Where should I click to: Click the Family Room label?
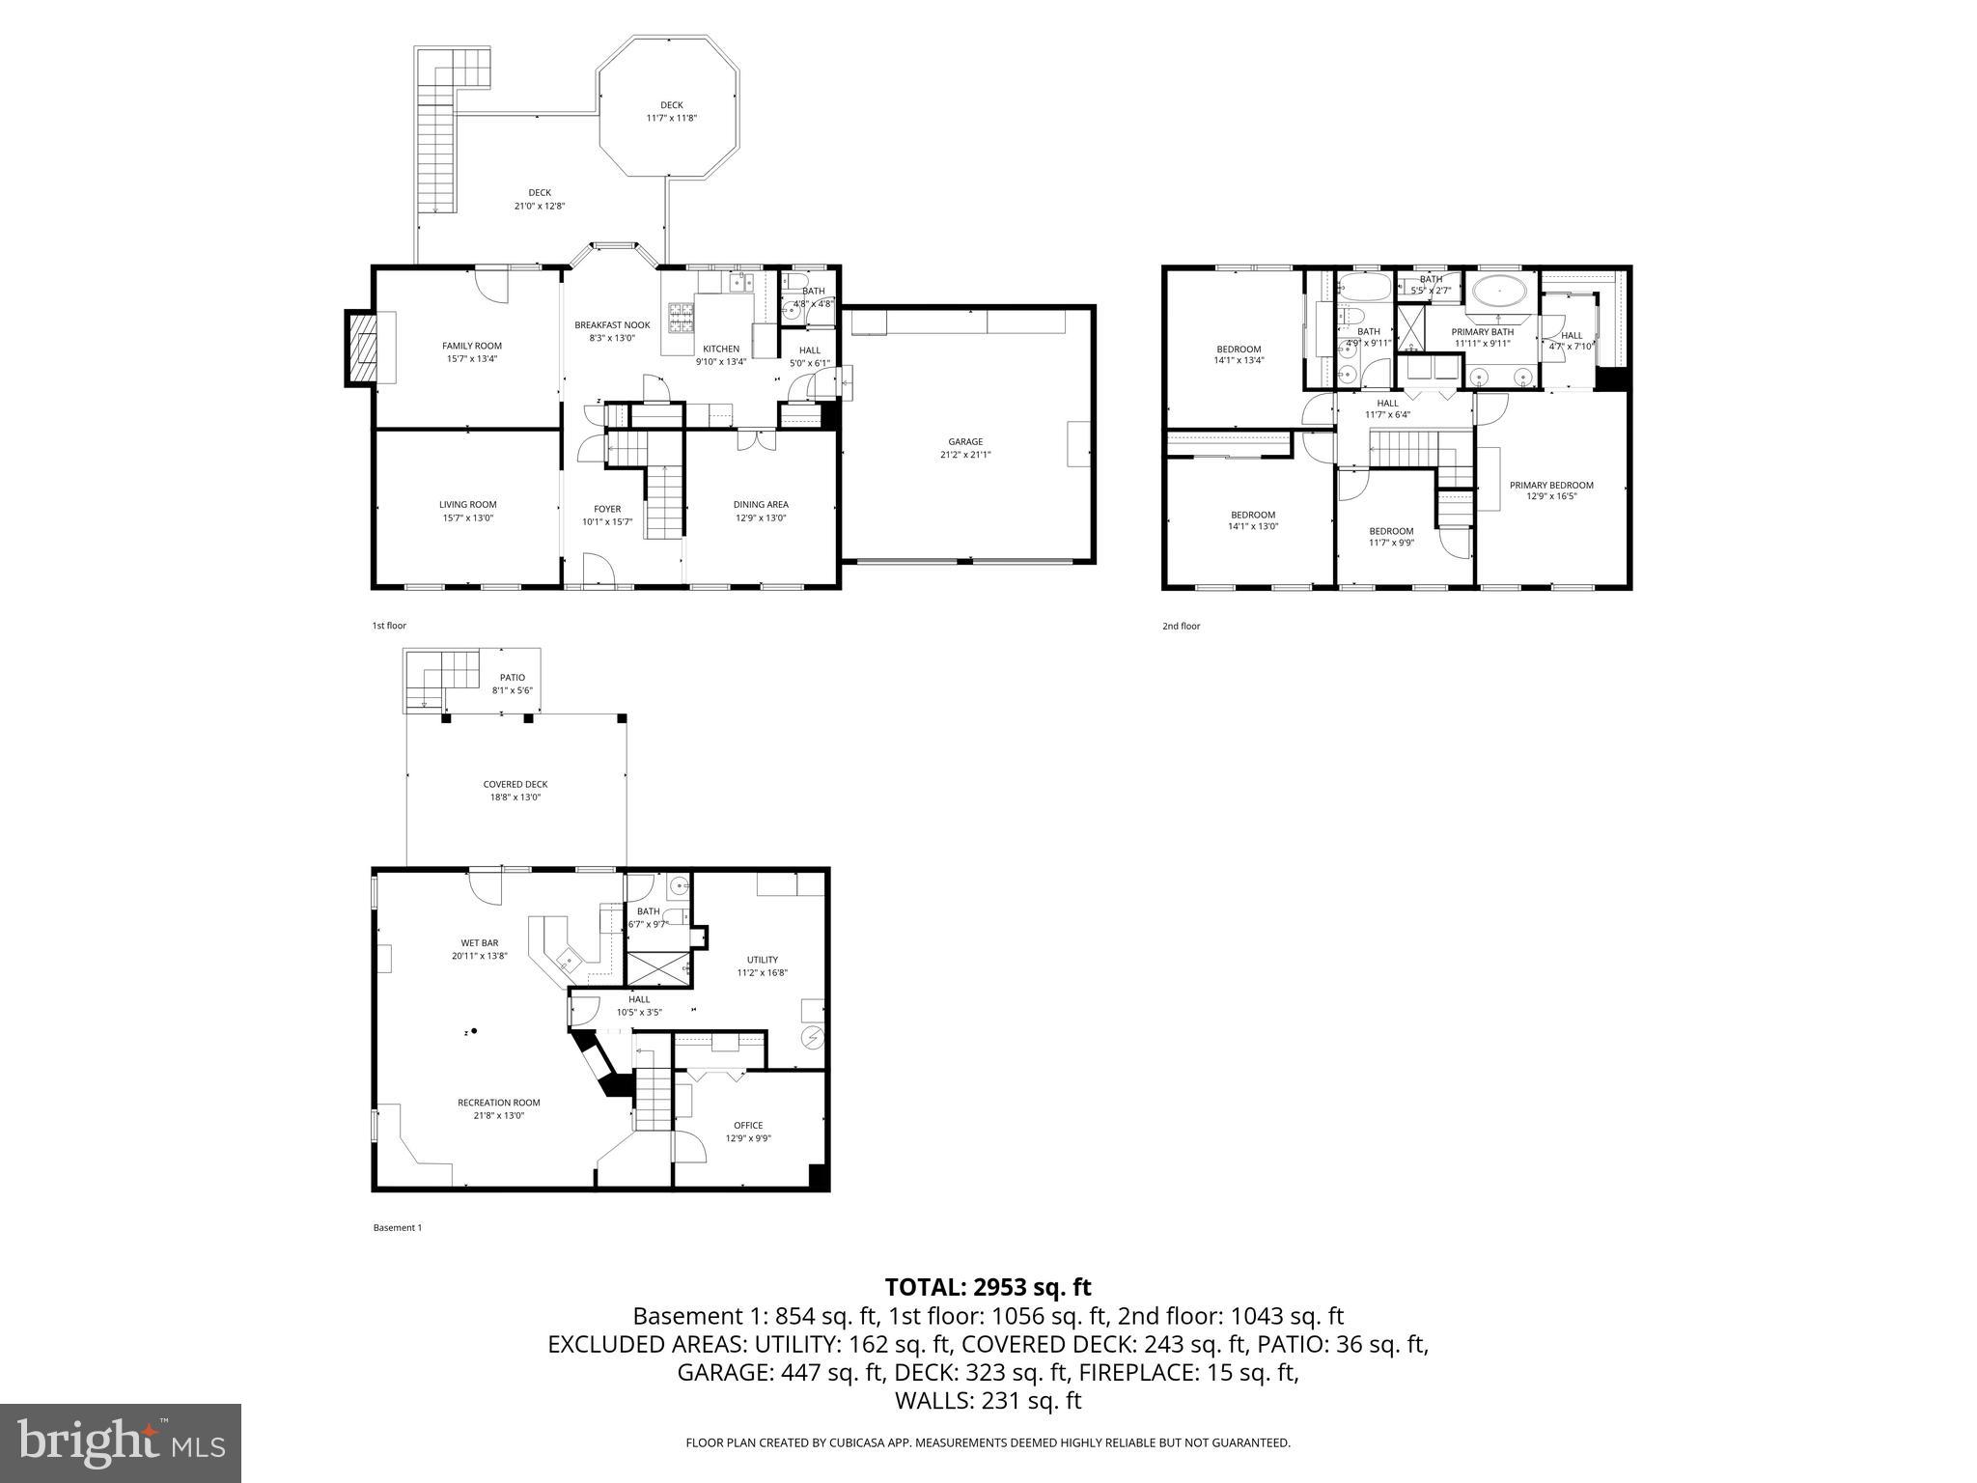472,346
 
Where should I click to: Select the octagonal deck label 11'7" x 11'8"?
671,118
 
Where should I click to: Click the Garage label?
964,442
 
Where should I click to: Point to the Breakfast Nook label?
612,325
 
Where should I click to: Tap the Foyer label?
607,509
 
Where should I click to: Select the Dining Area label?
761,504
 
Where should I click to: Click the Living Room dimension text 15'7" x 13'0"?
468,518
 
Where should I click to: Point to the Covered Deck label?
515,785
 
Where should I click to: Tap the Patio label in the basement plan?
513,678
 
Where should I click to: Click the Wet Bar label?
480,943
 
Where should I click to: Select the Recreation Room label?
499,1103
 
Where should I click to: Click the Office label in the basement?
748,1125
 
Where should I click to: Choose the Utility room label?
763,960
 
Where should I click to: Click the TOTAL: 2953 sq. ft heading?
988,1287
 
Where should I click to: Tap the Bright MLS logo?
121,1442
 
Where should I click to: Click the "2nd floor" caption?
1181,626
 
